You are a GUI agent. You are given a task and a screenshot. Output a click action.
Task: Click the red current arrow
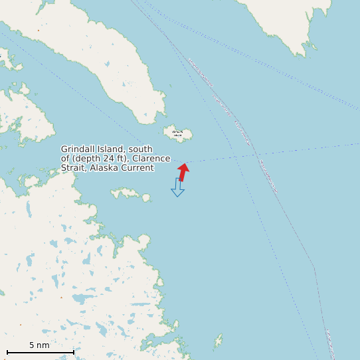(183, 172)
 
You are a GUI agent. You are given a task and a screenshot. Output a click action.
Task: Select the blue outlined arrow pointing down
(177, 187)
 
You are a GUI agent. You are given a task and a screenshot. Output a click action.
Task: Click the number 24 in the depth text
(109, 159)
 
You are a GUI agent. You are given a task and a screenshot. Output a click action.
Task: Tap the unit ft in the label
(123, 159)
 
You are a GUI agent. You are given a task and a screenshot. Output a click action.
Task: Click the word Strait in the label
(73, 168)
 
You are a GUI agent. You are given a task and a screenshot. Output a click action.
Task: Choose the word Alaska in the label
(104, 168)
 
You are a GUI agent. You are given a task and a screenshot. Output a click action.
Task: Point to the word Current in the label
(137, 168)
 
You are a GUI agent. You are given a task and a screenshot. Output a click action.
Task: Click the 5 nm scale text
(39, 345)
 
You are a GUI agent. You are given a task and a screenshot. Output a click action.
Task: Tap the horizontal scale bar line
(40, 352)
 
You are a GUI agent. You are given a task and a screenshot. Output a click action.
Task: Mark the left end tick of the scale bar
(7, 352)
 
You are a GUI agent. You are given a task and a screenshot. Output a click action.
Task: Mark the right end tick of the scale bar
(74, 352)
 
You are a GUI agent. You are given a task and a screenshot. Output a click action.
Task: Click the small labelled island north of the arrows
(178, 134)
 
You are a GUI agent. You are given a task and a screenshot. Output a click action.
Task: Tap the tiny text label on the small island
(177, 134)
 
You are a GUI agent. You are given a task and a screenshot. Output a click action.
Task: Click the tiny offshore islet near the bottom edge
(218, 342)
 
